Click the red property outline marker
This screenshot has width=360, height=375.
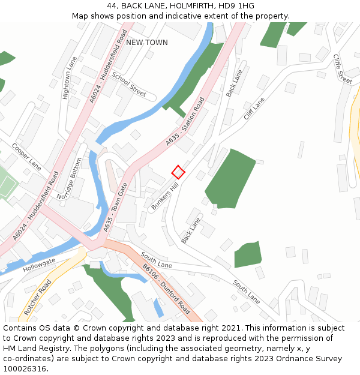click(178, 172)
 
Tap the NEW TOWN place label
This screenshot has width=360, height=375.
click(147, 43)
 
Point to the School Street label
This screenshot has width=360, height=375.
click(129, 85)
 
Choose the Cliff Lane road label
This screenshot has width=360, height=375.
click(254, 109)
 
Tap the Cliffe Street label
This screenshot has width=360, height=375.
click(343, 68)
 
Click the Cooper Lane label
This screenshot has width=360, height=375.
click(26, 156)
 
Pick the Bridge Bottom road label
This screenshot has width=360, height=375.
click(68, 179)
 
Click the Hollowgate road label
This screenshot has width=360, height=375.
click(39, 266)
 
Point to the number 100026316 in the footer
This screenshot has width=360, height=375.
click(26, 369)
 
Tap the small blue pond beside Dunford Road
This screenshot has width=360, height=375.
click(158, 308)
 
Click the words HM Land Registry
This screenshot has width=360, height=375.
click(34, 349)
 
